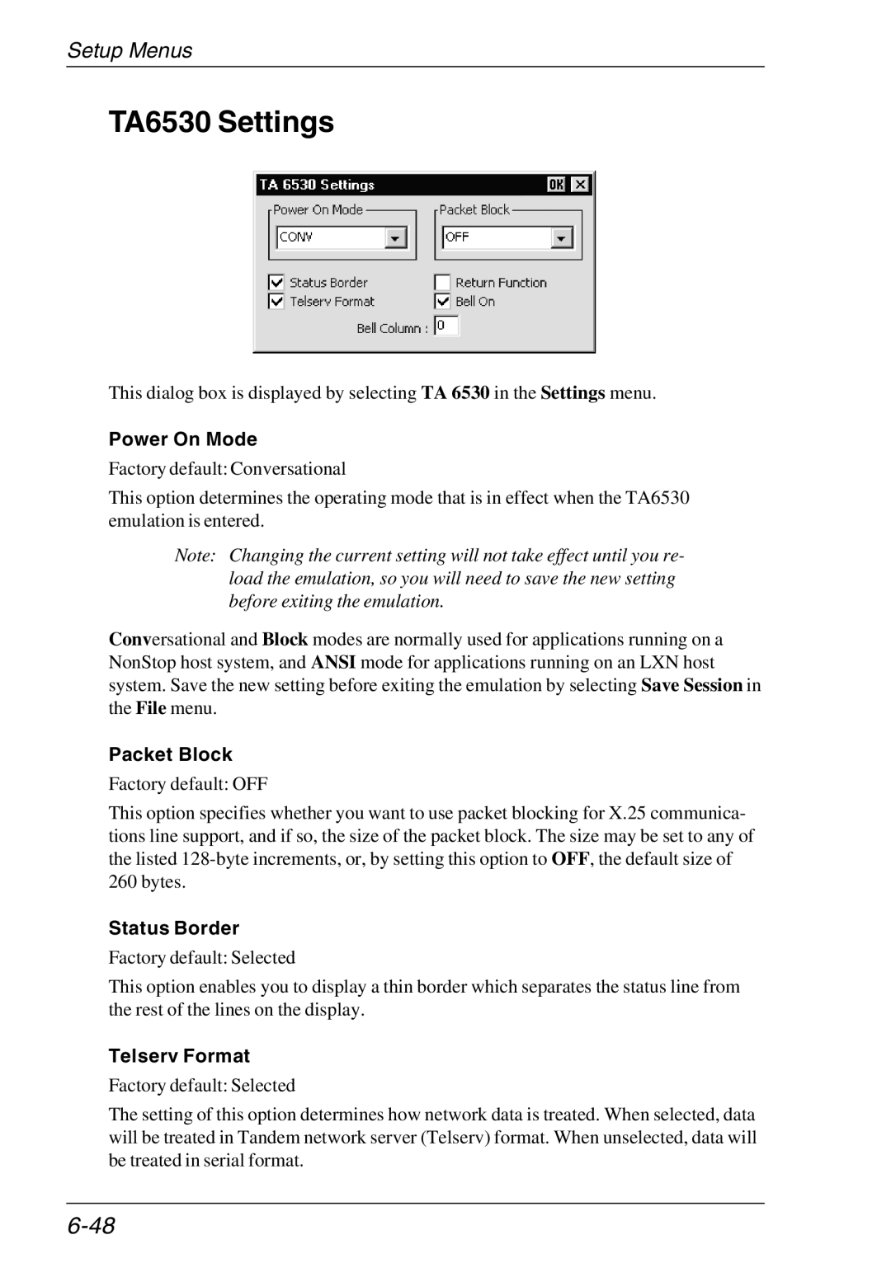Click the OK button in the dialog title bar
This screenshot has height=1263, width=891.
[x=556, y=185]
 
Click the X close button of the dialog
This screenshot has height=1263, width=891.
[x=581, y=185]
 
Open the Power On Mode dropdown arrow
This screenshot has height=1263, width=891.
[x=396, y=238]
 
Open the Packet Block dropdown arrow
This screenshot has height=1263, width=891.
[x=562, y=238]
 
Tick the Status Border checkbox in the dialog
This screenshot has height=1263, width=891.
[x=276, y=282]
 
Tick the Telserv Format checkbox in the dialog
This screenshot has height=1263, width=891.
[x=276, y=302]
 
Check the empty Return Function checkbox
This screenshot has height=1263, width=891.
[x=443, y=282]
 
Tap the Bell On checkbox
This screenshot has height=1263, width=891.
[x=443, y=302]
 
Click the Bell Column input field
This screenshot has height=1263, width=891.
[x=446, y=326]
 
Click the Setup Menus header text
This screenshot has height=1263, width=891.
[x=130, y=50]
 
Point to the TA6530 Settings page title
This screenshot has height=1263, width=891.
[x=221, y=122]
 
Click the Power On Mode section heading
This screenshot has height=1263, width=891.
[x=183, y=439]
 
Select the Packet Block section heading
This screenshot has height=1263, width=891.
[x=171, y=754]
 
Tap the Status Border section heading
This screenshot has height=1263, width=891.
[x=174, y=928]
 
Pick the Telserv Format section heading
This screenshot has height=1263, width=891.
[x=179, y=1056]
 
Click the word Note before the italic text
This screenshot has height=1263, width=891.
[x=195, y=556]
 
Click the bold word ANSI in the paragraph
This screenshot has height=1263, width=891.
[x=333, y=662]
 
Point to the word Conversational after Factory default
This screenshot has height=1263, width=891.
[x=288, y=469]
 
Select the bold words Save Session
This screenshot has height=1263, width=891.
[x=691, y=685]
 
